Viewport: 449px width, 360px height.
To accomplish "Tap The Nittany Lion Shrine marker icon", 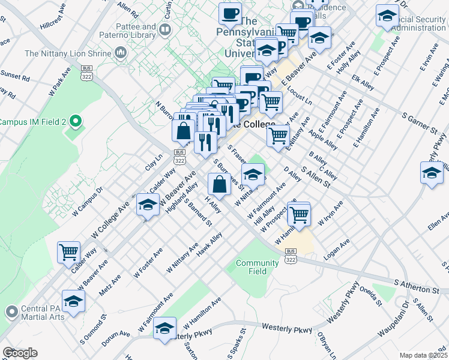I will point(121,53).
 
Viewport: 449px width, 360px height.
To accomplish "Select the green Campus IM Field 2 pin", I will point(75,122).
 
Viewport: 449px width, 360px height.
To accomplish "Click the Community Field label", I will point(257,267).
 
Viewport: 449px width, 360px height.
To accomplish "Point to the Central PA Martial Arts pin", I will point(11,311).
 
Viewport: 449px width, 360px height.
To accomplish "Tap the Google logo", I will point(20,353).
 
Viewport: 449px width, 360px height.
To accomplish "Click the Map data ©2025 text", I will point(423,355).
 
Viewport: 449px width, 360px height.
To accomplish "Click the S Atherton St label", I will point(417,286).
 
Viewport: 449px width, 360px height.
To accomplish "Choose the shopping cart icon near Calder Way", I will point(69,253).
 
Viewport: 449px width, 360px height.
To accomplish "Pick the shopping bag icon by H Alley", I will point(219,184).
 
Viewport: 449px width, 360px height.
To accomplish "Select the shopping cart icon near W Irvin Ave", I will point(298,214).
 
